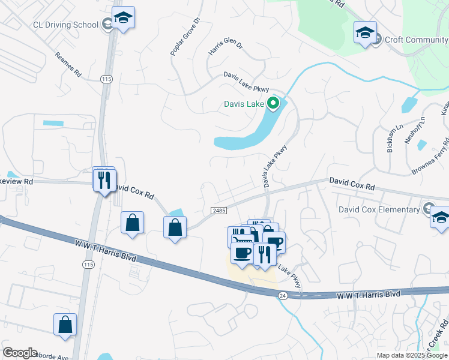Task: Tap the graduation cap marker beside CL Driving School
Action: click(x=123, y=19)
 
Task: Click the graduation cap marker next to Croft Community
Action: click(x=365, y=34)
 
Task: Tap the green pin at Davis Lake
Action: click(x=273, y=104)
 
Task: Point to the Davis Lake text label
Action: click(x=244, y=104)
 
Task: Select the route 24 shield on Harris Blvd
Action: click(x=283, y=295)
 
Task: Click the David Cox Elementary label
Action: click(x=378, y=209)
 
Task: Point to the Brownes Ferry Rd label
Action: click(x=431, y=157)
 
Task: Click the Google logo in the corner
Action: click(x=20, y=353)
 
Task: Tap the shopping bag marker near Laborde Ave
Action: click(x=65, y=324)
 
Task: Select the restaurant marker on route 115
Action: click(x=104, y=179)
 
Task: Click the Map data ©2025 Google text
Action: click(x=412, y=355)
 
